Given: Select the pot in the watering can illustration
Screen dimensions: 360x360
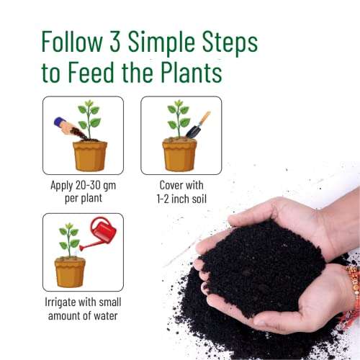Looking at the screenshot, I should tap(70, 271).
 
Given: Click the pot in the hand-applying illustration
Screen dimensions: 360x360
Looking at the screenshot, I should tap(90, 154).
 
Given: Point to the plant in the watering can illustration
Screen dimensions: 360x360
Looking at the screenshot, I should tap(70, 238).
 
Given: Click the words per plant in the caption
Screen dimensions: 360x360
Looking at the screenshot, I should tap(82, 197).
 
